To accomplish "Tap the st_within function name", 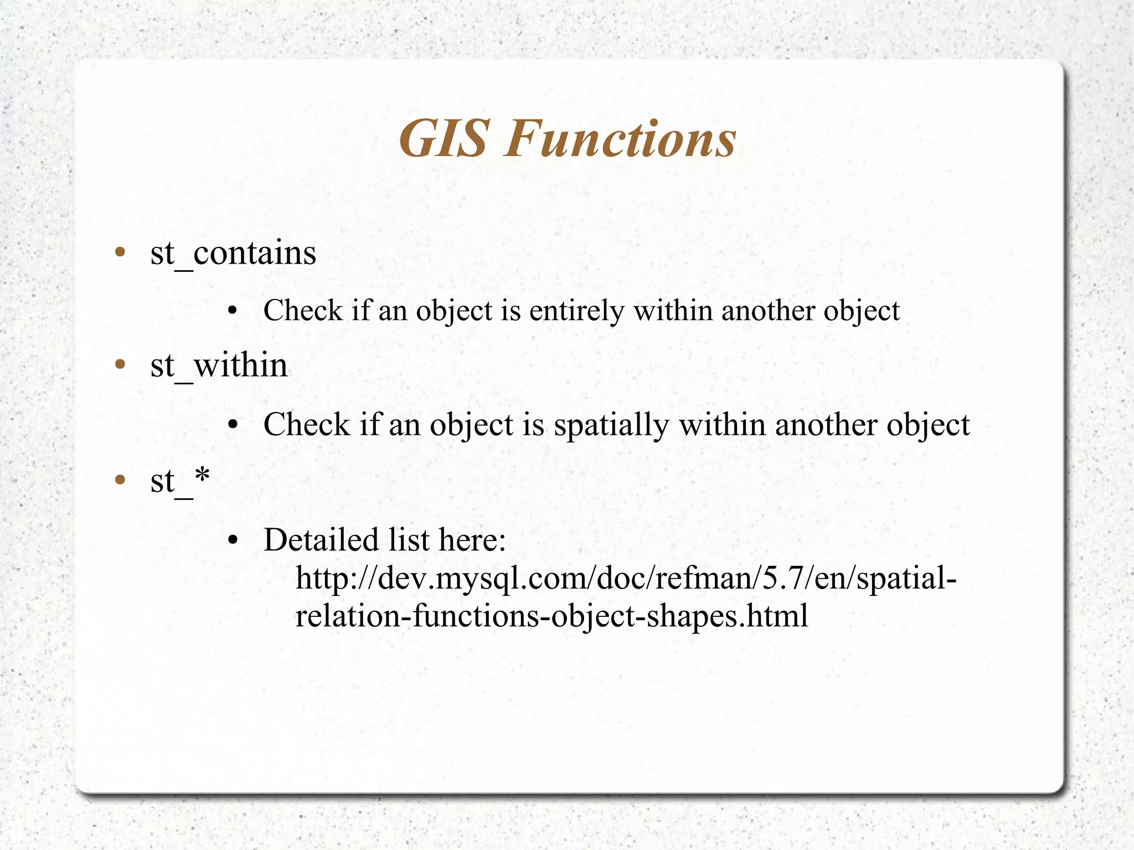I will pos(219,365).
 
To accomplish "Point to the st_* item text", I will pos(180,480).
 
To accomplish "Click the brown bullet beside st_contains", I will pos(120,253).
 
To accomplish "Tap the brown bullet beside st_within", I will pos(120,365).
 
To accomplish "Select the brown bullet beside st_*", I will pos(120,480).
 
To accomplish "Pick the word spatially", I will pos(612,425).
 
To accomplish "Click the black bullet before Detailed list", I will pos(233,540).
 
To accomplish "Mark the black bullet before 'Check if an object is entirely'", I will pos(233,311).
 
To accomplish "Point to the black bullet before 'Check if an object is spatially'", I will pos(233,425).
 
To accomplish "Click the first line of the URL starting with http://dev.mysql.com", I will pos(626,578).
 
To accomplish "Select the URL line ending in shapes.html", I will pos(551,616).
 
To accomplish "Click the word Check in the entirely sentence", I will pos(302,311).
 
